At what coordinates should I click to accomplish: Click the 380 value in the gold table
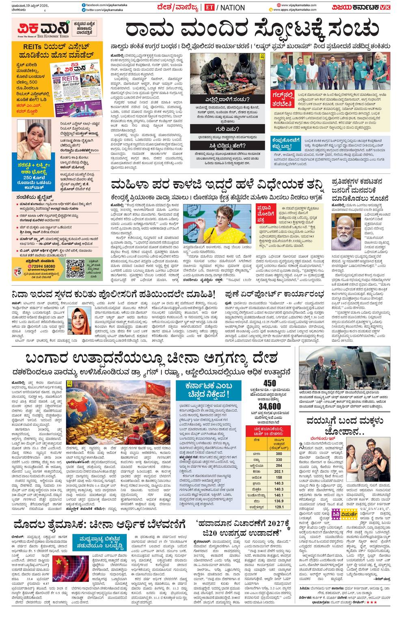pos(279,453)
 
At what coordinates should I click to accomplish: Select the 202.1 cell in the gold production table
pos(279,471)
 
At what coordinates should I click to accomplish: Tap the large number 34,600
pos(269,406)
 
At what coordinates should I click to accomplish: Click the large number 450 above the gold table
pos(269,383)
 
